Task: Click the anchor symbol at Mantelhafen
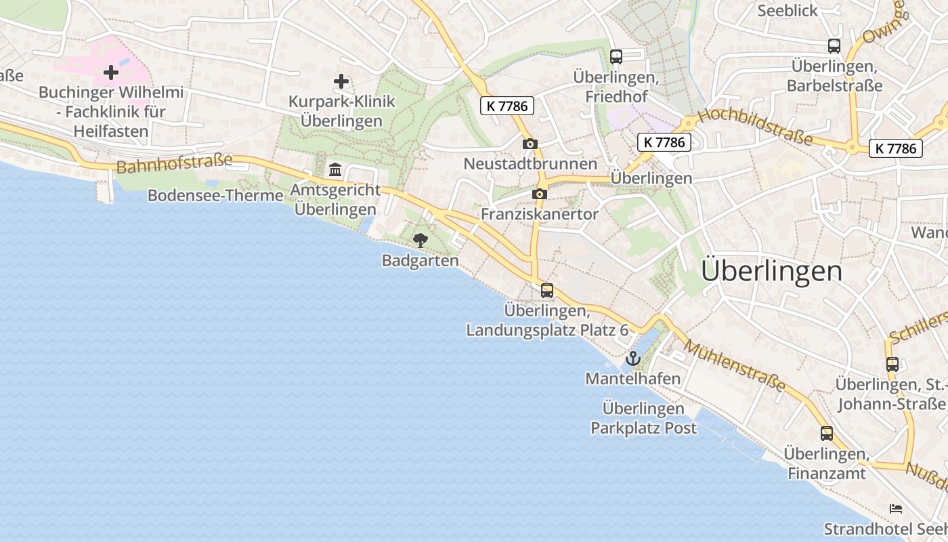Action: coord(633,358)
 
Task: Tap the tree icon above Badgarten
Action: coord(420,240)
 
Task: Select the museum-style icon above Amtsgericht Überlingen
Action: coord(335,169)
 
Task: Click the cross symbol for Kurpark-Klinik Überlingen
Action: coord(341,81)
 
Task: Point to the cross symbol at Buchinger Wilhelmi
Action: coord(111,72)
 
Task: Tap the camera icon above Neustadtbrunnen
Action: coord(530,144)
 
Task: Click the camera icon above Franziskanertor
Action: coord(540,194)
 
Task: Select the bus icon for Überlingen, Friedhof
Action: coord(616,56)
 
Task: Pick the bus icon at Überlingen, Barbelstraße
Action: coord(834,46)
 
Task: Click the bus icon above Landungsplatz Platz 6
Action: coord(547,291)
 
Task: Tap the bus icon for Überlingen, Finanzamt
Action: coord(826,434)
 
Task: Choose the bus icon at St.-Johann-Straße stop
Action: coord(892,364)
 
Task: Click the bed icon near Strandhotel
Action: coord(896,508)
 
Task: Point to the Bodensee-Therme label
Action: coord(215,196)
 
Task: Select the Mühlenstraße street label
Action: coord(734,367)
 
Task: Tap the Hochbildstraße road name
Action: coord(754,126)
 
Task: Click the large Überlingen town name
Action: coord(772,271)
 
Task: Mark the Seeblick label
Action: coord(788,11)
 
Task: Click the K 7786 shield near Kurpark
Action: coord(507,106)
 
